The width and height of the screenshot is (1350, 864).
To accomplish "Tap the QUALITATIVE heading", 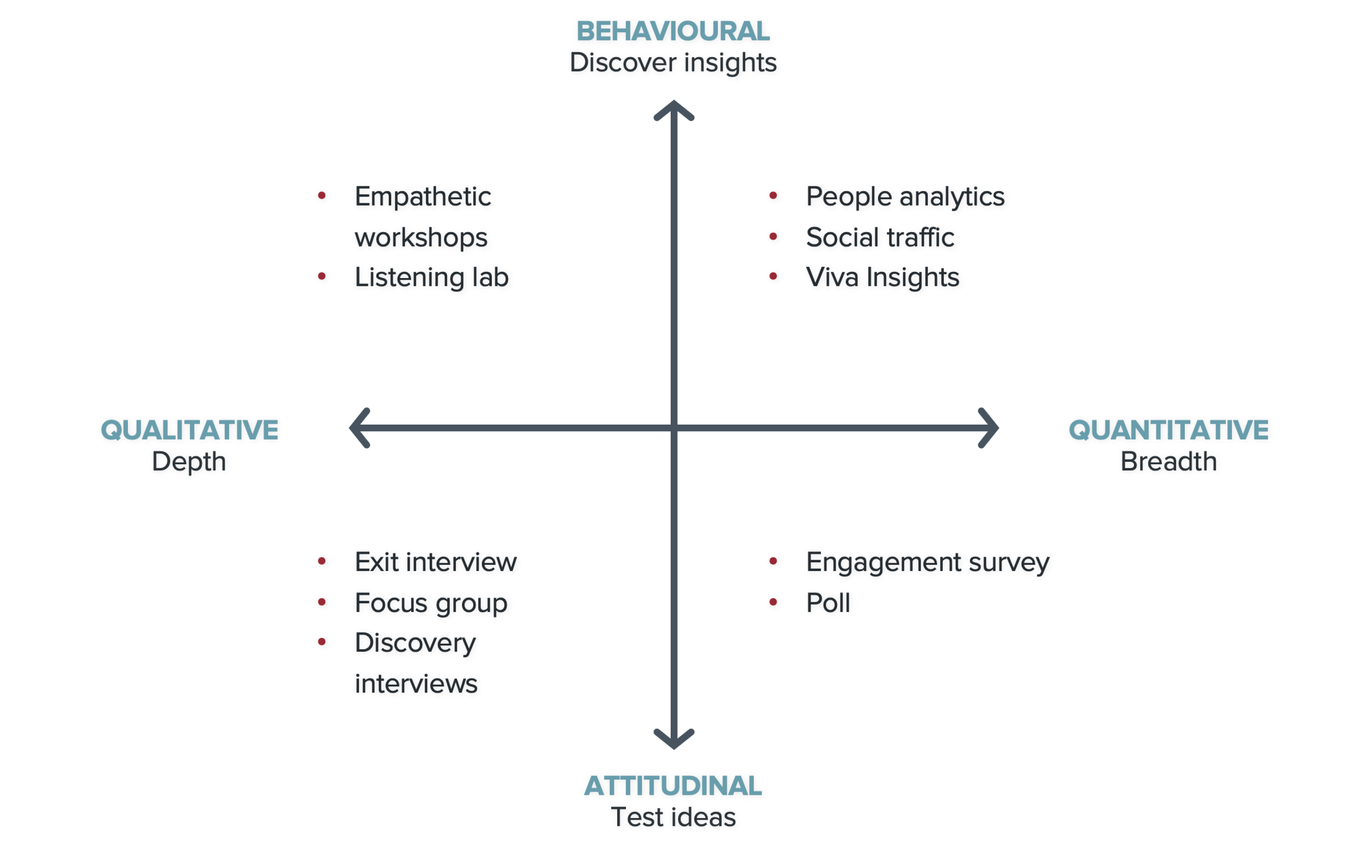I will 189,430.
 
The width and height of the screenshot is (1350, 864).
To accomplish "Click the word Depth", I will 189,462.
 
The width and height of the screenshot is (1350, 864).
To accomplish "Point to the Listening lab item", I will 431,277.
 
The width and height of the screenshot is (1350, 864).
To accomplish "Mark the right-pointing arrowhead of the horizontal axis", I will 990,428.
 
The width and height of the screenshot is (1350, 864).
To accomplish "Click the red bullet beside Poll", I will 773,602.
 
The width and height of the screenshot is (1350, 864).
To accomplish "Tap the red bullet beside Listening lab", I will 322,276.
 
